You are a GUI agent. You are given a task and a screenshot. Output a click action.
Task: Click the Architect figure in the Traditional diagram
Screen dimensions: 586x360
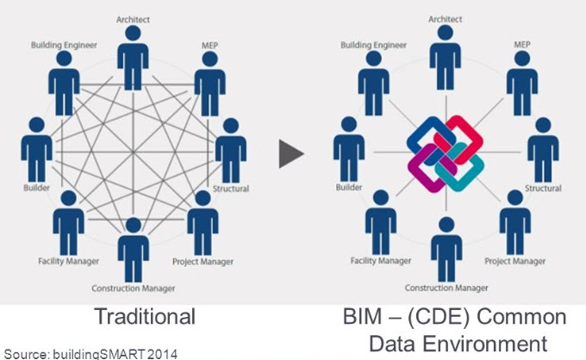tap(133, 59)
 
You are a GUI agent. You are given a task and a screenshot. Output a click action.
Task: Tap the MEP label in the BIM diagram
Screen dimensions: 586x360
tap(522, 45)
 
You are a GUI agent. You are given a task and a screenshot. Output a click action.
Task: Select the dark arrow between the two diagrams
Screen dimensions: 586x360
tap(291, 153)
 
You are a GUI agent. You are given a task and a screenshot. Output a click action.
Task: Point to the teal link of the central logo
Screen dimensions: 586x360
tap(460, 168)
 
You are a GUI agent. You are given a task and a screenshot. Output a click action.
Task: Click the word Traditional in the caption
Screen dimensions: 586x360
tap(145, 316)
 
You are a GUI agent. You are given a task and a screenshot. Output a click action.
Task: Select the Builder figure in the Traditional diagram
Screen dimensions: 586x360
tap(36, 150)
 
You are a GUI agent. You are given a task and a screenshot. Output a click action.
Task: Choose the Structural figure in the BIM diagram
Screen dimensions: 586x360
tap(543, 150)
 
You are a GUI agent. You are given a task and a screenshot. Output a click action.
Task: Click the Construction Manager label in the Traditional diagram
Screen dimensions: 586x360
tap(134, 289)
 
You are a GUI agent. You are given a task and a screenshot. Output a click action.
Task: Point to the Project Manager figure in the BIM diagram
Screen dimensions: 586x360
tap(515, 222)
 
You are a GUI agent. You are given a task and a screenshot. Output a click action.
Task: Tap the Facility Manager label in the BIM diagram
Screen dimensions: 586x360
tap(381, 261)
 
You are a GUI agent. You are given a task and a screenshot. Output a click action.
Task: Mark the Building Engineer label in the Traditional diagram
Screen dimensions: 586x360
tap(64, 45)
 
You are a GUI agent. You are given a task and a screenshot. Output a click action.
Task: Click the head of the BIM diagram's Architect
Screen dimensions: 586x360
tap(446, 33)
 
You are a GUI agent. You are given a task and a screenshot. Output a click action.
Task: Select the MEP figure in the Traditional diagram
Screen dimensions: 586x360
tap(209, 84)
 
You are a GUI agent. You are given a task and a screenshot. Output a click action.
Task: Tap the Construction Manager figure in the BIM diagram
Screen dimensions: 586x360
tap(446, 249)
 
